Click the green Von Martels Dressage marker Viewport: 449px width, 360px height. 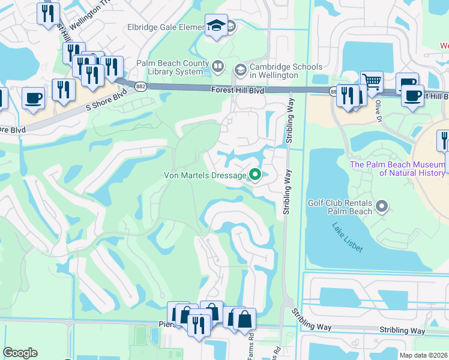(x=255, y=175)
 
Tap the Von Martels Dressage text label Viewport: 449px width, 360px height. (x=205, y=176)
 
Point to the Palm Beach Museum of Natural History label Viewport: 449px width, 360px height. (x=397, y=169)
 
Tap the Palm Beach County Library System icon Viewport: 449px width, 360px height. (x=218, y=65)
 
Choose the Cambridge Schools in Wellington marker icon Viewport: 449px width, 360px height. (x=240, y=70)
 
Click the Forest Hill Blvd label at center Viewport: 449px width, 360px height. (x=238, y=90)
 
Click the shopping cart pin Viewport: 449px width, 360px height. (x=372, y=82)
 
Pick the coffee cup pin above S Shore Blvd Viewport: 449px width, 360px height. (x=34, y=97)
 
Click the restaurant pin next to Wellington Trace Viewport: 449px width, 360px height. (x=48, y=14)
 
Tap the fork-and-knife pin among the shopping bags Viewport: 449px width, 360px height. (x=199, y=325)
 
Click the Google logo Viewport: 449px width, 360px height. (x=20, y=353)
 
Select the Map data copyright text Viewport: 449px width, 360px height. (x=424, y=355)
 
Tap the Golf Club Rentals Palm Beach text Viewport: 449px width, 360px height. (x=340, y=208)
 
